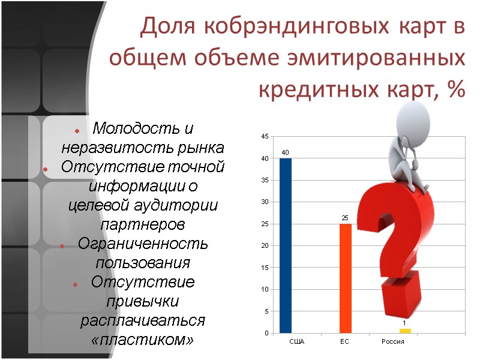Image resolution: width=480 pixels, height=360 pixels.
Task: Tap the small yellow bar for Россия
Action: (x=405, y=331)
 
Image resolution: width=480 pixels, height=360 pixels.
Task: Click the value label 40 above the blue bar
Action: (x=286, y=153)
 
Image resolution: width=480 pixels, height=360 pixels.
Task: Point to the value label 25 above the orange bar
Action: (x=345, y=218)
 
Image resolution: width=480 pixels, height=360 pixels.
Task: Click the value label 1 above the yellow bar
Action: (x=404, y=323)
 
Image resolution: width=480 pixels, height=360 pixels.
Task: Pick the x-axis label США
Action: (x=296, y=341)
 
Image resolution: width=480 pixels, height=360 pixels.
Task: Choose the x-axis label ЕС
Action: (x=344, y=341)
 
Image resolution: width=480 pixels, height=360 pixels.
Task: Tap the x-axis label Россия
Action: (x=393, y=341)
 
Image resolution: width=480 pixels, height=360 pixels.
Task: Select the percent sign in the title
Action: (x=456, y=90)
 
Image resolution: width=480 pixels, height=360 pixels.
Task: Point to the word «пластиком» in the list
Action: (x=143, y=340)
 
